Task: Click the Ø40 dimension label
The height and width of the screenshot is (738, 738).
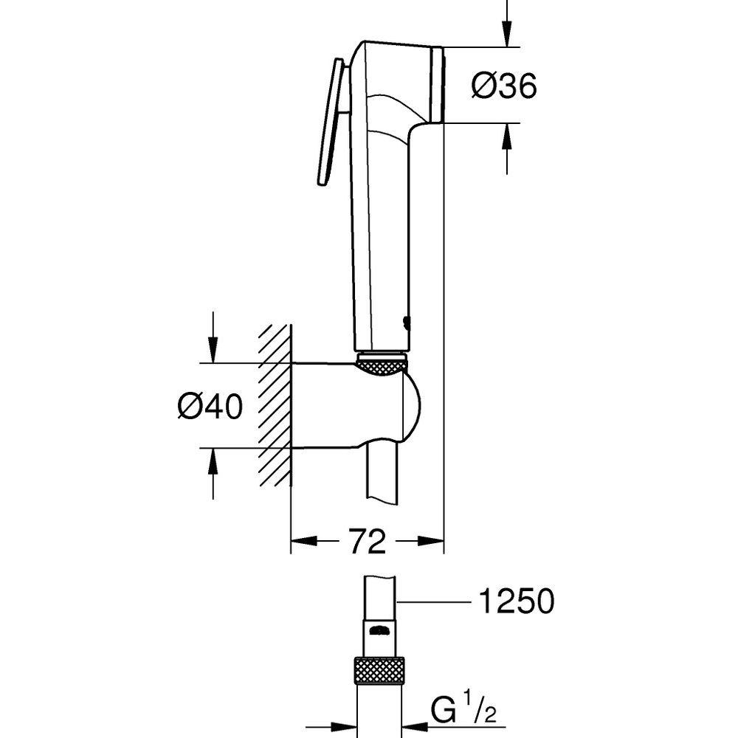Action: tap(210, 406)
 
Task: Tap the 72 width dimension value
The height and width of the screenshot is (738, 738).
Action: tap(367, 543)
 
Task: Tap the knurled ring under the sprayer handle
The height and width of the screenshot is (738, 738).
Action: tap(382, 362)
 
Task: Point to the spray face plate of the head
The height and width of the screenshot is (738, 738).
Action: tap(437, 85)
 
